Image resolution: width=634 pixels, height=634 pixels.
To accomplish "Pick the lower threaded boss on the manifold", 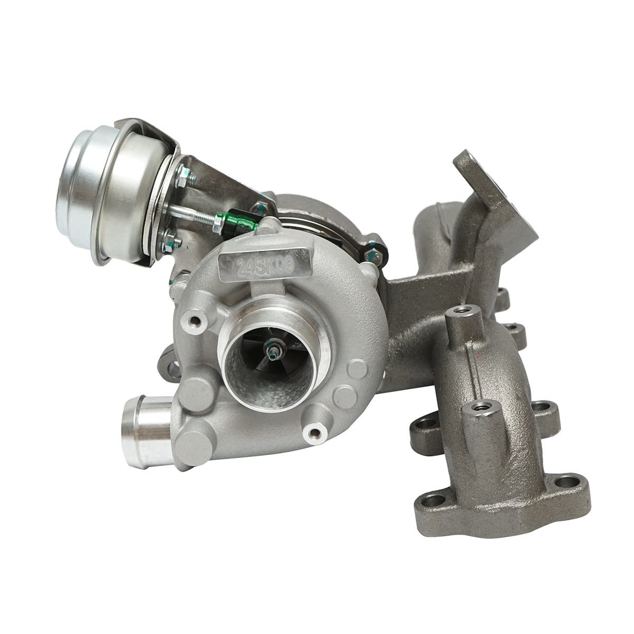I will pyautogui.click(x=480, y=407).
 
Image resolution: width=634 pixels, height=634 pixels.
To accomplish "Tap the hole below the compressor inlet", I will pyautogui.click(x=315, y=433).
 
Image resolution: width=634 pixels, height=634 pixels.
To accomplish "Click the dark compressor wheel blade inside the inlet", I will pyautogui.click(x=259, y=370).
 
